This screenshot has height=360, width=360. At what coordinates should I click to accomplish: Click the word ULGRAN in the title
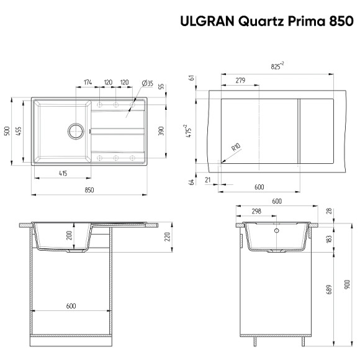(x=207, y=22)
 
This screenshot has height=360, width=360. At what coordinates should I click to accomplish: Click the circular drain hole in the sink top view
(x=75, y=131)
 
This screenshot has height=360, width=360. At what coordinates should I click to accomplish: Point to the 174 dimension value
(x=88, y=82)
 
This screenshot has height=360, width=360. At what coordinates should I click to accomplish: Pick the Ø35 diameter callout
(x=148, y=82)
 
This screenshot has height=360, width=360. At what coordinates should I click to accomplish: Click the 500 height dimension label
(x=7, y=131)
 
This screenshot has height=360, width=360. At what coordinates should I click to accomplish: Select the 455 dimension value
(x=19, y=131)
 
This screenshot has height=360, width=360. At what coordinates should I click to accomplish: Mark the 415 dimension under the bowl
(x=63, y=174)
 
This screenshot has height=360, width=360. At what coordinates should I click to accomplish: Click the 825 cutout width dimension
(x=277, y=65)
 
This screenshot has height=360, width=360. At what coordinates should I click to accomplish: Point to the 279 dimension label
(x=240, y=80)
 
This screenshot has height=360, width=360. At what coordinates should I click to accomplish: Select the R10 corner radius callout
(x=235, y=148)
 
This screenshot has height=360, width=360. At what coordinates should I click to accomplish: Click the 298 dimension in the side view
(x=256, y=211)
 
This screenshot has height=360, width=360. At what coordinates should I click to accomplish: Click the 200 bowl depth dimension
(x=70, y=235)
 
